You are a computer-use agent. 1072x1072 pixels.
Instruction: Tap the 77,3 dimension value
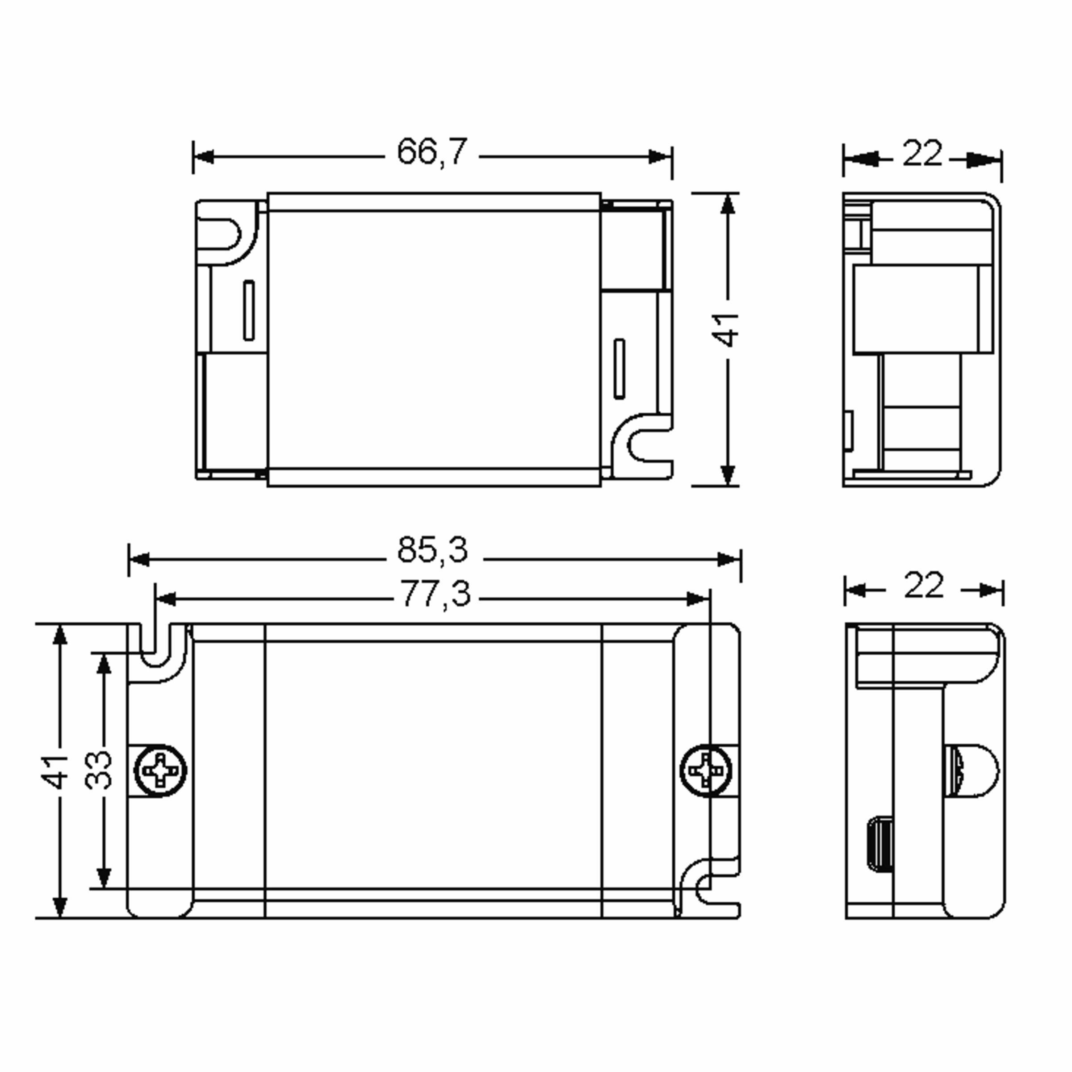pyautogui.click(x=435, y=594)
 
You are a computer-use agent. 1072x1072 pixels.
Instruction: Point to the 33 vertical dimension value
pyautogui.click(x=99, y=770)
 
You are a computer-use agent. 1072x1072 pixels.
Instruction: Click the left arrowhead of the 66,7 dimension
pyautogui.click(x=203, y=157)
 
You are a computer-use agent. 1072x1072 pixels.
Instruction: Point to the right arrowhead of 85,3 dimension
pyautogui.click(x=729, y=560)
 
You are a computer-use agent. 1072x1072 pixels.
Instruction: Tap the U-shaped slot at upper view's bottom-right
pyautogui.click(x=651, y=444)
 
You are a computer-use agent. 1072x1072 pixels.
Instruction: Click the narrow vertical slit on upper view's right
pyautogui.click(x=619, y=368)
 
